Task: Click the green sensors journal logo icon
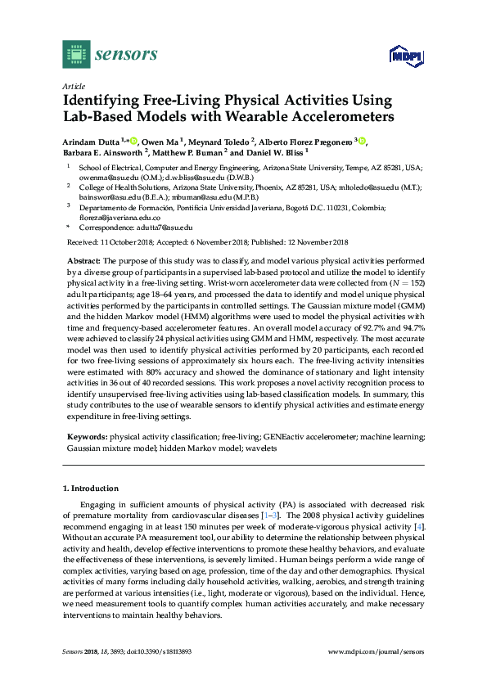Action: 76,55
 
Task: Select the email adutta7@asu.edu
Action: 165,227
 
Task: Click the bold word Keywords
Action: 85,437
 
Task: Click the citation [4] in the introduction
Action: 420,528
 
